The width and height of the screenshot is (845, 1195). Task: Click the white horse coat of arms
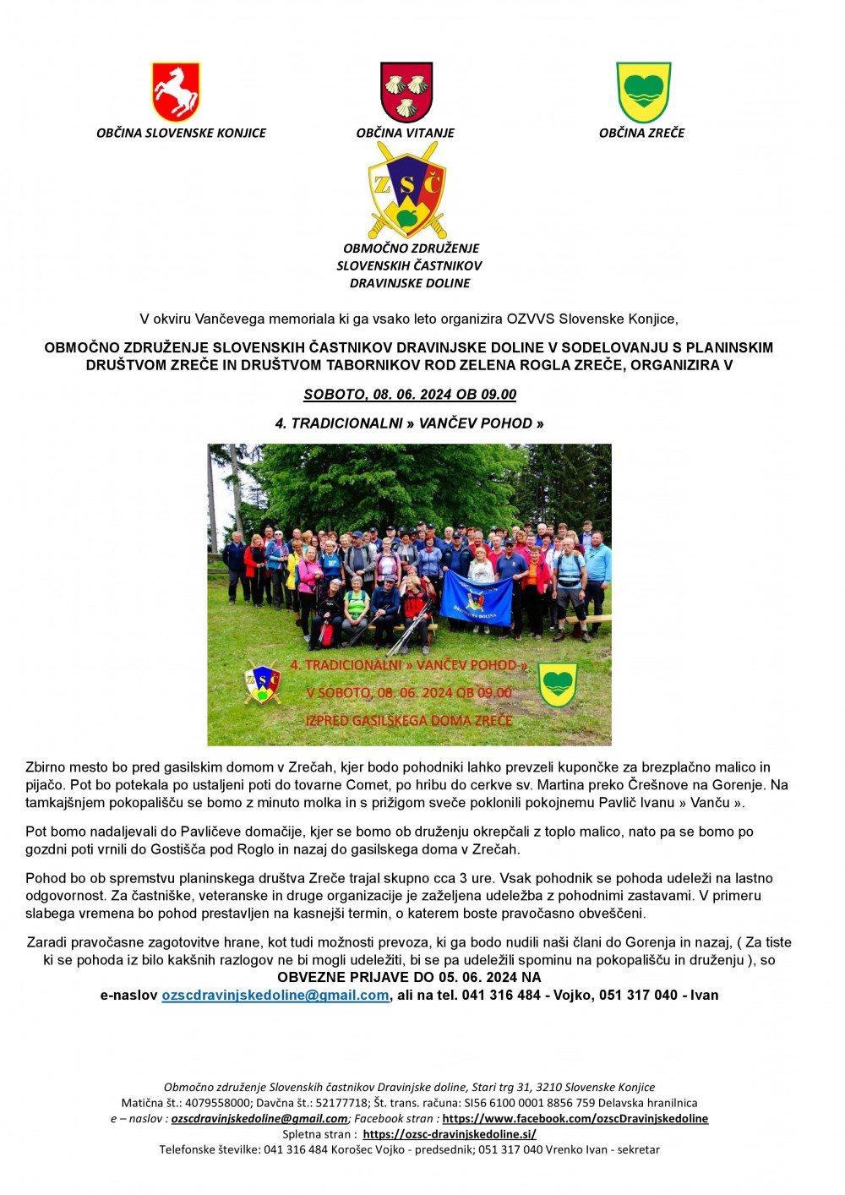coord(176,92)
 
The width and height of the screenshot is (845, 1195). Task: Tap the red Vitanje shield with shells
coord(406,91)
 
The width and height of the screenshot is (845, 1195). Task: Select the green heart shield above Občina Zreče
coord(644,91)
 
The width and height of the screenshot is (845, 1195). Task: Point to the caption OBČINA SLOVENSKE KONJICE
coord(181,133)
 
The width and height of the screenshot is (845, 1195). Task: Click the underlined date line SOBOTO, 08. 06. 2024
coord(410,395)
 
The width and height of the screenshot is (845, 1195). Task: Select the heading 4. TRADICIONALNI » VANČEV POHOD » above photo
coord(409,423)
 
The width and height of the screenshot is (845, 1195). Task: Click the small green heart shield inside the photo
coord(558,684)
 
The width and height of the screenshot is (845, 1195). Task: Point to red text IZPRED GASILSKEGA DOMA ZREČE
coord(409,721)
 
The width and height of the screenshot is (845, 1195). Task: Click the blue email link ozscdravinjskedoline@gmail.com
coord(275,996)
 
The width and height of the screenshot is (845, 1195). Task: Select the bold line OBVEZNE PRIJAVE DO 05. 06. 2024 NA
coord(409,978)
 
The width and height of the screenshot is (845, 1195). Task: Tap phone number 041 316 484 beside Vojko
coord(501,996)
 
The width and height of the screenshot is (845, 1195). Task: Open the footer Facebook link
coord(575,1119)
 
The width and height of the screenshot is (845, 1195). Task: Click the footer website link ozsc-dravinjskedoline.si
coord(450,1134)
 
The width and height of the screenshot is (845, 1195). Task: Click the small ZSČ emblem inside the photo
coord(262,682)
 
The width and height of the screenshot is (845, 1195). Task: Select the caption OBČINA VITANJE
coord(406,133)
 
